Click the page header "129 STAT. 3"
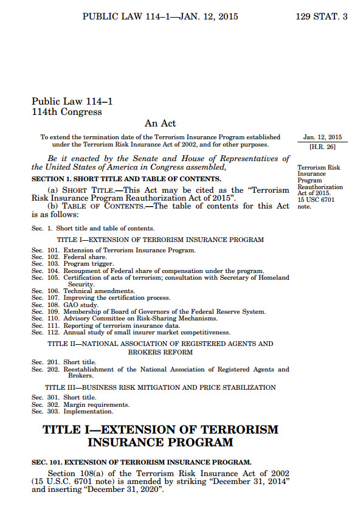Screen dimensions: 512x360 click(x=321, y=16)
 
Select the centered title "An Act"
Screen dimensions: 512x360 click(x=161, y=124)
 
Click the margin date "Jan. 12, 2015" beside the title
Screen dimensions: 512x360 click(x=322, y=137)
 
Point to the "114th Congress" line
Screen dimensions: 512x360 click(x=67, y=112)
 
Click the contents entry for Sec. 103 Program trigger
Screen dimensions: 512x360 click(x=72, y=264)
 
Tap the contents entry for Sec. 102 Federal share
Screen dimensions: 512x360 click(x=71, y=257)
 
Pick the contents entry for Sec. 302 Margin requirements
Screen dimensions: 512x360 click(x=80, y=404)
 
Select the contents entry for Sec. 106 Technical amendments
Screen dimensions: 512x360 click(x=83, y=291)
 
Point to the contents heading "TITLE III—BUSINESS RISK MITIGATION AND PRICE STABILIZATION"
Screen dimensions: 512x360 click(x=161, y=387)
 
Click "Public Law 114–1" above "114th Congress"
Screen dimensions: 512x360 click(x=72, y=102)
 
